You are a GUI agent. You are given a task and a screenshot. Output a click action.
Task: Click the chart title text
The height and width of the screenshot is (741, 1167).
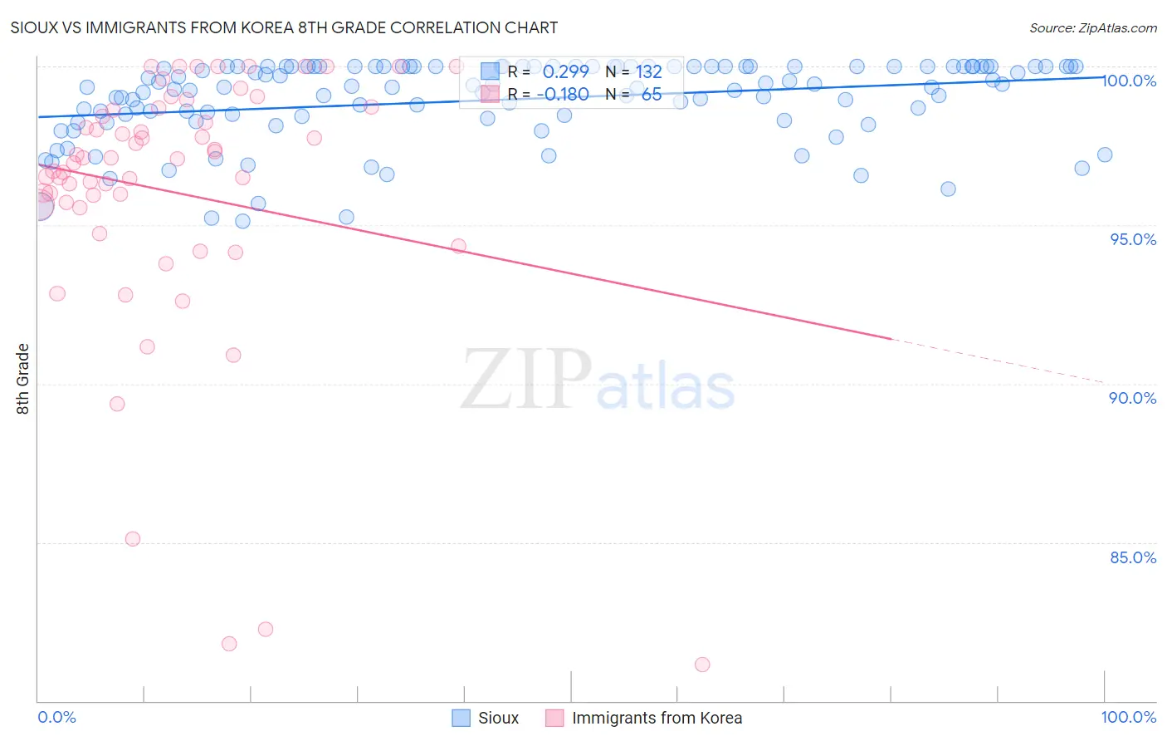pos(284,27)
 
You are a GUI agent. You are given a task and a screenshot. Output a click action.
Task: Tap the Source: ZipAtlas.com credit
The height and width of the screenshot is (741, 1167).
pos(1092,28)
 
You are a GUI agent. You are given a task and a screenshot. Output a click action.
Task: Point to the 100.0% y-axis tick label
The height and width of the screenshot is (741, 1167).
pos(1129,81)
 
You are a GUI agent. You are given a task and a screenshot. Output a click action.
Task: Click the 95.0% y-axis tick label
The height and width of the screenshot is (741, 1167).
pos(1133,239)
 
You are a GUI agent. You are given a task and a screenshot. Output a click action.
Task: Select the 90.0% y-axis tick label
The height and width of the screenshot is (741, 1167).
pos(1133,398)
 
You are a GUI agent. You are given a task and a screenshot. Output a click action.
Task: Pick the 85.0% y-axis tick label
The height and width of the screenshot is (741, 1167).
pos(1133,557)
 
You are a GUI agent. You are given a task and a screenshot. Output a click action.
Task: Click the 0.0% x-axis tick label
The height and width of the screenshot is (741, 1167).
pos(57,717)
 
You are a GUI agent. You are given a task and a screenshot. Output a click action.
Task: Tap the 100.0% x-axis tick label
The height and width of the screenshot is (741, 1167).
pos(1128,717)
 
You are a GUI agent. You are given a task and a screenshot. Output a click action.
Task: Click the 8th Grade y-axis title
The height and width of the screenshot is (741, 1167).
pos(23,379)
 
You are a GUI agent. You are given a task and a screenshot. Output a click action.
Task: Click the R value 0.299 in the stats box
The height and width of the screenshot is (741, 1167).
pos(565,72)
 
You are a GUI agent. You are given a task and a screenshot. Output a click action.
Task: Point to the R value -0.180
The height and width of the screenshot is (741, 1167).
pos(562,95)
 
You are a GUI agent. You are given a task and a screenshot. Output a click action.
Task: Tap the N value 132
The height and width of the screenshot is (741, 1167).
pos(648,72)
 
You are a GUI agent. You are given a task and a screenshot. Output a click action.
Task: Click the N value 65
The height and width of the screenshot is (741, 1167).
pos(651,95)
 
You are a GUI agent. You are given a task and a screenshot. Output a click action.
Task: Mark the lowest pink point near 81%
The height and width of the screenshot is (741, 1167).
pos(702,665)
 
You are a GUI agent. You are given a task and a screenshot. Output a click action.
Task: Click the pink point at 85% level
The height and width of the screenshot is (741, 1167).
pos(133,539)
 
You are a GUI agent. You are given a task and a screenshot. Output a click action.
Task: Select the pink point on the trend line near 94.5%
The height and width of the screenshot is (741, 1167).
pos(459,246)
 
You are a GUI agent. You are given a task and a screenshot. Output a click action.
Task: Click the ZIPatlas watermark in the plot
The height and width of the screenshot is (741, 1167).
pos(598,380)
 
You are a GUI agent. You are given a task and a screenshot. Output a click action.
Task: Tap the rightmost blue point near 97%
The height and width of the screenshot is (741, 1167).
pos(1105,155)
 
